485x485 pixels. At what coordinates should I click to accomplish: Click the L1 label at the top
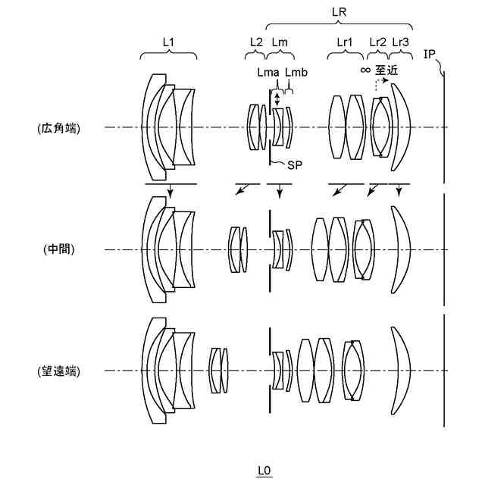(168, 42)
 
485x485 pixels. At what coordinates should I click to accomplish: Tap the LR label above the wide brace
(340, 12)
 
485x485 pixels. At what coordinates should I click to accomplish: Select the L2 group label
(255, 42)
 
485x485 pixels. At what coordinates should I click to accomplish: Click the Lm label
(279, 42)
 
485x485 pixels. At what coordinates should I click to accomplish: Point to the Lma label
(268, 72)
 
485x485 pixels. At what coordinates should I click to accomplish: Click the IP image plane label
(430, 54)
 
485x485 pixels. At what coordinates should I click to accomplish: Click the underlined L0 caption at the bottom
(263, 471)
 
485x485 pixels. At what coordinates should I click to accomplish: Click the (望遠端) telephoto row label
(58, 371)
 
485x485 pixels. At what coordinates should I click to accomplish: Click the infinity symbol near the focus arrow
(365, 70)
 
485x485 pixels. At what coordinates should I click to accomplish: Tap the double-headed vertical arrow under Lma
(278, 99)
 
